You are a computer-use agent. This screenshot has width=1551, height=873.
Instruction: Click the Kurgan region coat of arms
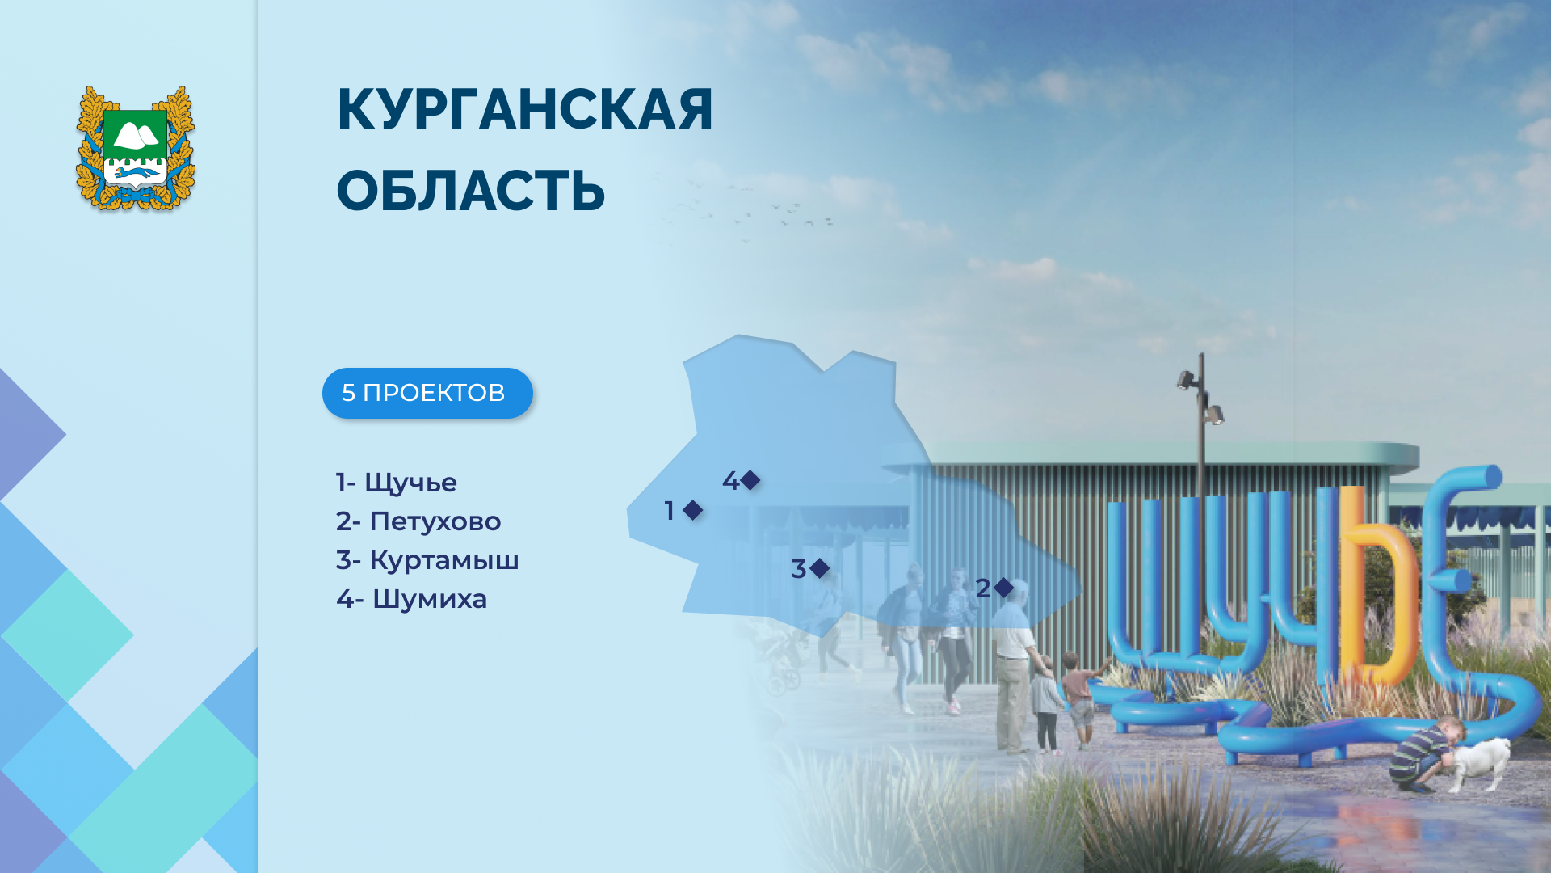coord(136,149)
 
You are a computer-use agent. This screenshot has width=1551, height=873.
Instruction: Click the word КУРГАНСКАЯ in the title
coord(525,109)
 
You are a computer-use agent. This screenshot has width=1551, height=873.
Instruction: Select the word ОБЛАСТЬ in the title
coord(471,192)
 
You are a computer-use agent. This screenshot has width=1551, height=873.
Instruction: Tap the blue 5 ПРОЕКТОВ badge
coord(427,393)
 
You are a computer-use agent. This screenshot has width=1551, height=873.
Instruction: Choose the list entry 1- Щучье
coord(397,483)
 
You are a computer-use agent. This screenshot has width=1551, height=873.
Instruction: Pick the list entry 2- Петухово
coord(418,521)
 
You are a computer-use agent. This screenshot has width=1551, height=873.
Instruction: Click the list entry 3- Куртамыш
coord(427,560)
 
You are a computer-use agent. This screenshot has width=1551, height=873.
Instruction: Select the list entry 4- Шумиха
coord(412,599)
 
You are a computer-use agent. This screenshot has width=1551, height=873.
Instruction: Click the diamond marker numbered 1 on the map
coord(692,510)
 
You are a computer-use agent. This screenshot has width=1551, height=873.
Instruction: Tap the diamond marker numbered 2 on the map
coord(1003,588)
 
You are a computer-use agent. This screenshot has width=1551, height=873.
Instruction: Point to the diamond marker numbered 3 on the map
coord(819,568)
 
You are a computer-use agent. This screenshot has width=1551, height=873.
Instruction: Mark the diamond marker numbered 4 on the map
coord(750,480)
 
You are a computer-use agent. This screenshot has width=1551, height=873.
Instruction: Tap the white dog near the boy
coord(1478,763)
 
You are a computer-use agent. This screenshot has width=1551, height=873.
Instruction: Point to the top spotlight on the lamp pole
coord(1186,379)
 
